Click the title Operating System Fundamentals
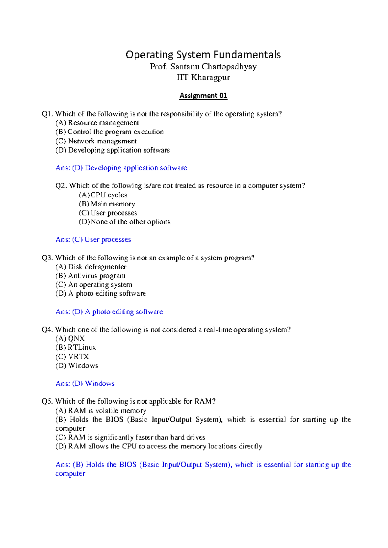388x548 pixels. click(203, 55)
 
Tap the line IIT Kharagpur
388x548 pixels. click(203, 78)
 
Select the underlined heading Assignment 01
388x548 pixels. click(203, 96)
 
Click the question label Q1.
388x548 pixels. click(47, 114)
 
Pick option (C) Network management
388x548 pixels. click(96, 141)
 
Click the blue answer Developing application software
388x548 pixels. click(136, 168)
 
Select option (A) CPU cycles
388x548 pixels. click(103, 195)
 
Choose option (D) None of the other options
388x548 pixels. click(124, 222)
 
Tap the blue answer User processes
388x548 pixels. click(108, 240)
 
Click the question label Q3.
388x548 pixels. click(47, 258)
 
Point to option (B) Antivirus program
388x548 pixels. click(91, 276)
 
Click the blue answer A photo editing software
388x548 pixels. click(124, 312)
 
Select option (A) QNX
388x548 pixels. click(70, 339)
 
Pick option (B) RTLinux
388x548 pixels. click(76, 348)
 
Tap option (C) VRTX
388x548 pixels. click(72, 357)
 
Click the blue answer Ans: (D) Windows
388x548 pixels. click(85, 384)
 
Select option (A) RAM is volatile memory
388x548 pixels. click(101, 411)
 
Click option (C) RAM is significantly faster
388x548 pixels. click(130, 437)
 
